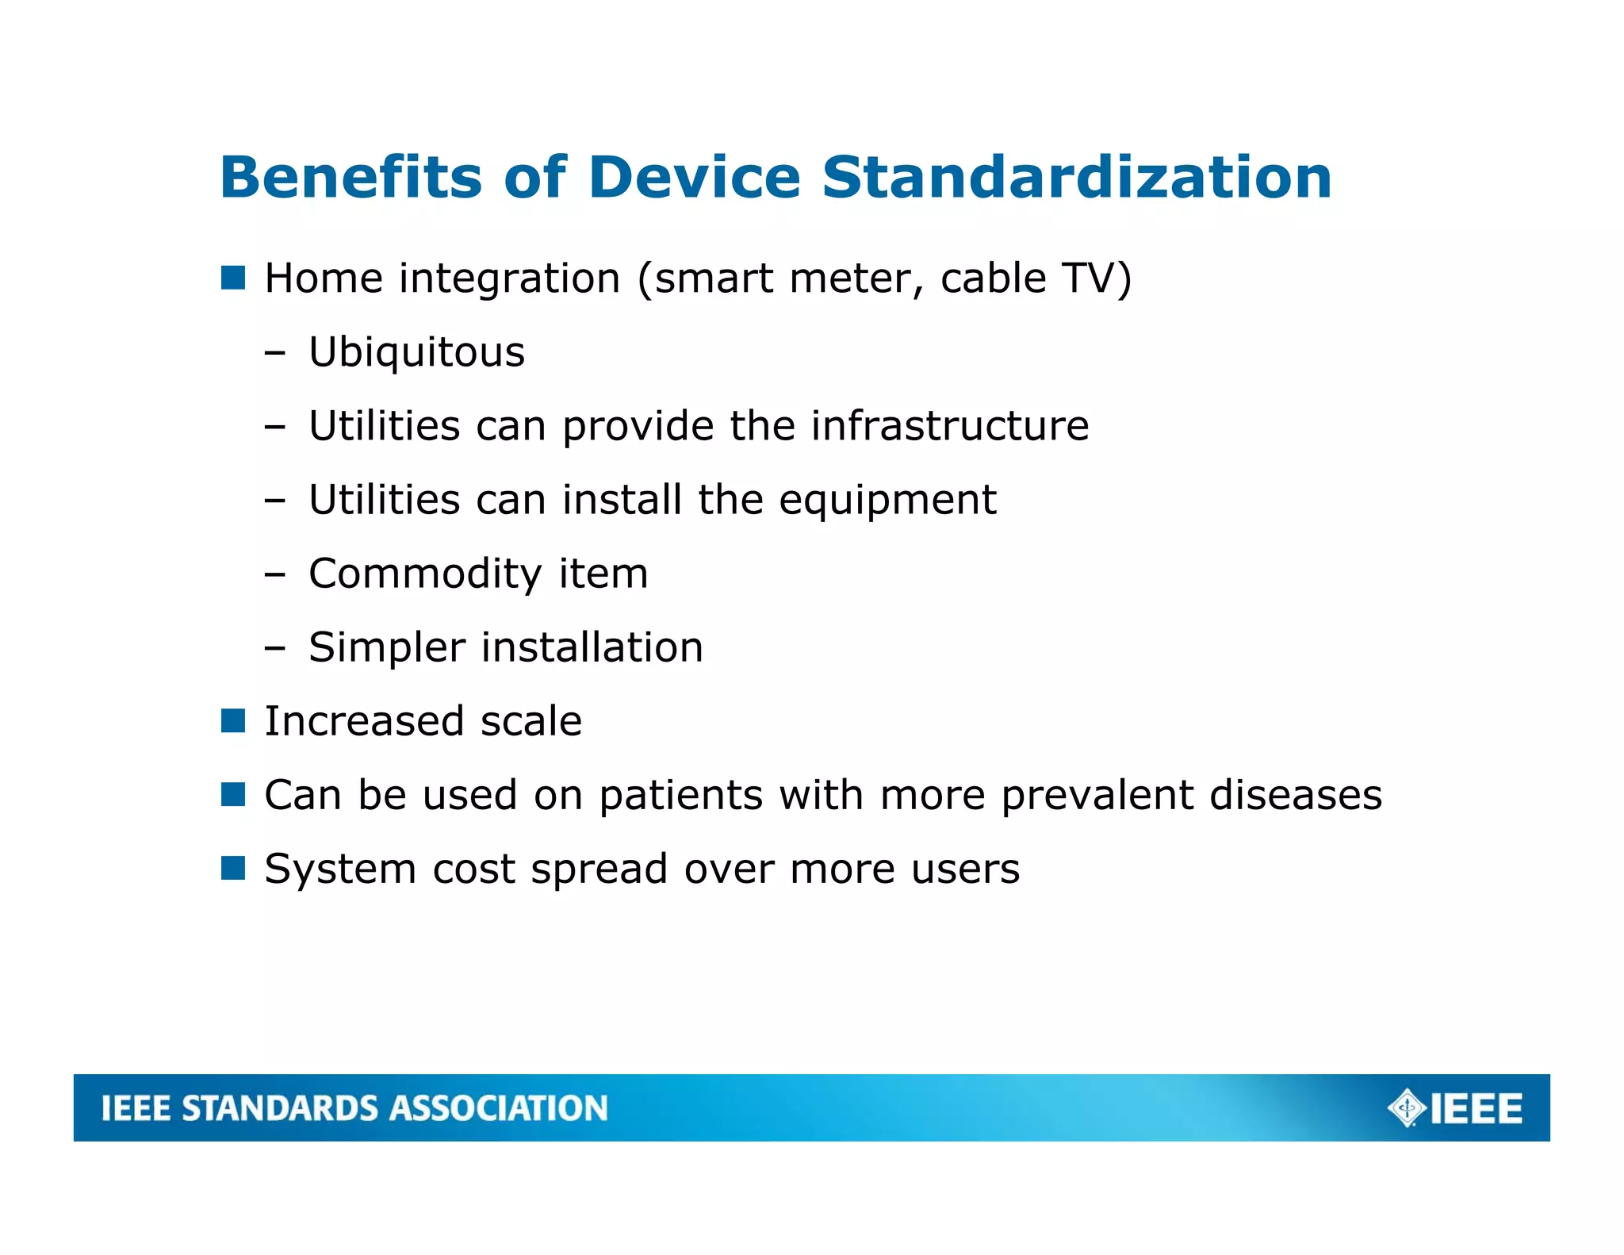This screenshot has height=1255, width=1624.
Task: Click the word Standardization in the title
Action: click(1076, 177)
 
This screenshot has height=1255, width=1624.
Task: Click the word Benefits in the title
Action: click(350, 177)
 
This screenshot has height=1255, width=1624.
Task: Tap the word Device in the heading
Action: click(694, 177)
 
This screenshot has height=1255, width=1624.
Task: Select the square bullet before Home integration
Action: click(233, 278)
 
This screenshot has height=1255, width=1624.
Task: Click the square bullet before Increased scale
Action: click(233, 721)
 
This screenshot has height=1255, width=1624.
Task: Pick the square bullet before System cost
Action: click(233, 869)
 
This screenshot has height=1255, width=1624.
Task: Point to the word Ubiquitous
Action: click(416, 352)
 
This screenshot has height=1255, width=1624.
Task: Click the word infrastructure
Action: click(949, 426)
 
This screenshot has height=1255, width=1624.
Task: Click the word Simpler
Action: click(386, 648)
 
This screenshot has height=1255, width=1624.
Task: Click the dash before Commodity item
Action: click(275, 574)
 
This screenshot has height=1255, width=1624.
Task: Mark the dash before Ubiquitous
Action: click(275, 353)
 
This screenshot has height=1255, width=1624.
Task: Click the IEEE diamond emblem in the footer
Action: click(1407, 1108)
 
